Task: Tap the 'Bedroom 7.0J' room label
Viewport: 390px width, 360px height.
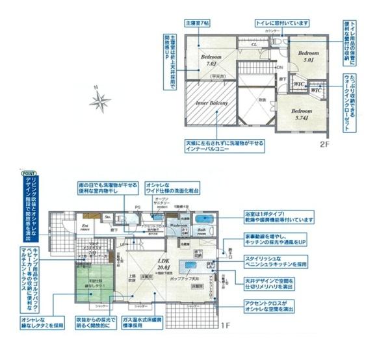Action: tap(211, 61)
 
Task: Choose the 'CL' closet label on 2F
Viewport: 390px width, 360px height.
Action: tap(255, 45)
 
